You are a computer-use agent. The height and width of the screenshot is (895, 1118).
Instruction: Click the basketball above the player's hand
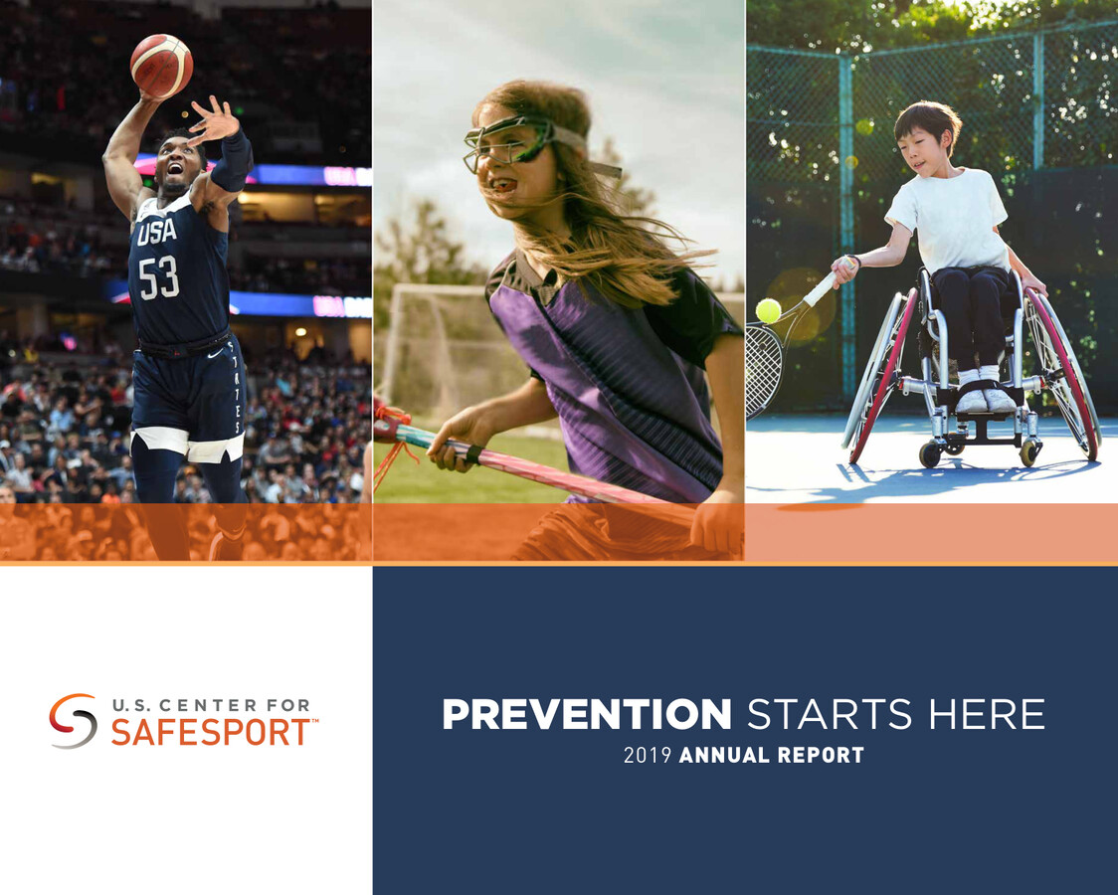(x=161, y=66)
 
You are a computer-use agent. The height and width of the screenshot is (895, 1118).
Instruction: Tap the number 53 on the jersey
(x=158, y=277)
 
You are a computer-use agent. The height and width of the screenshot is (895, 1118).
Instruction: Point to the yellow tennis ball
(x=768, y=310)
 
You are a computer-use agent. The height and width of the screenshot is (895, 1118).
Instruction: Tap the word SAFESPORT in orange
(x=210, y=733)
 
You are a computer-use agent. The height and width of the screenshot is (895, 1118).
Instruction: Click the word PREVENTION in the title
(x=587, y=715)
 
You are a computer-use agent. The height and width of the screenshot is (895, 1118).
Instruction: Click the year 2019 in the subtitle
(x=648, y=756)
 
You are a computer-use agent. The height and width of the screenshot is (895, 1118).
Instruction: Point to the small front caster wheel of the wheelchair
(x=930, y=454)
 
